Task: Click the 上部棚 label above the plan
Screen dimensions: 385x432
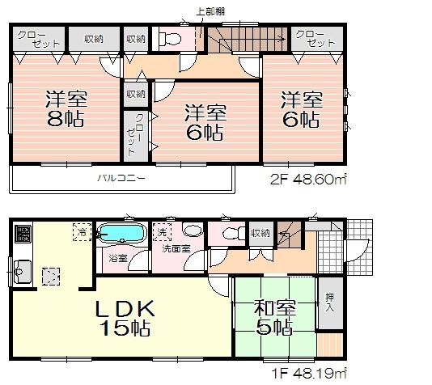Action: (x=212, y=12)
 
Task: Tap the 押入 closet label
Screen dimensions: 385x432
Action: (x=328, y=302)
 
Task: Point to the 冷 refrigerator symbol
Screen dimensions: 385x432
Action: (x=83, y=233)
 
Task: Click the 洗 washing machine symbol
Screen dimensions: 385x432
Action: (x=163, y=231)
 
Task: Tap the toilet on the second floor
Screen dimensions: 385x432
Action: (x=172, y=39)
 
